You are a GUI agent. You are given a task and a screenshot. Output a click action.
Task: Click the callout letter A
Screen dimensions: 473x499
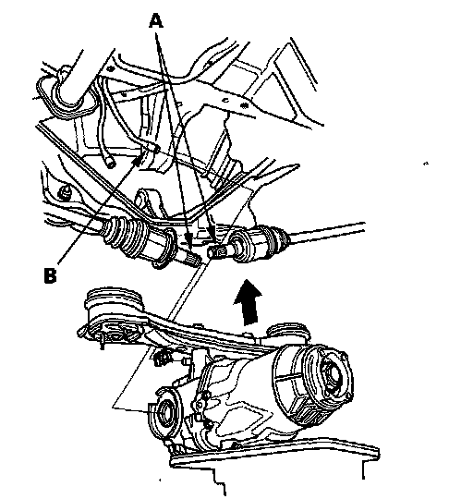156,21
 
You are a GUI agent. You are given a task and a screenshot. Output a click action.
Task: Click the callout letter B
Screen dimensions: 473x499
50,275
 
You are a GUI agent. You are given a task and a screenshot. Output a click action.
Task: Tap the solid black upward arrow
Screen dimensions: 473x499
249,302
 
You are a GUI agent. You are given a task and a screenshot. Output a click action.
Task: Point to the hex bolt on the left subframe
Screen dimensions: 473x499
64,192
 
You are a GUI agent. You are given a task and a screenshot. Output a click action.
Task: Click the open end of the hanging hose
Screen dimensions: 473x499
111,164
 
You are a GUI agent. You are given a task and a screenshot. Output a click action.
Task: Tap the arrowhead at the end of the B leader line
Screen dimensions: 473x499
137,162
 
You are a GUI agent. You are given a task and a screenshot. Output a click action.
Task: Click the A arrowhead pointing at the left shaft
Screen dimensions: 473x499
189,241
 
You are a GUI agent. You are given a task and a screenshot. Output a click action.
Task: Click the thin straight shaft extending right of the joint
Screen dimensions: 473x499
326,231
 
